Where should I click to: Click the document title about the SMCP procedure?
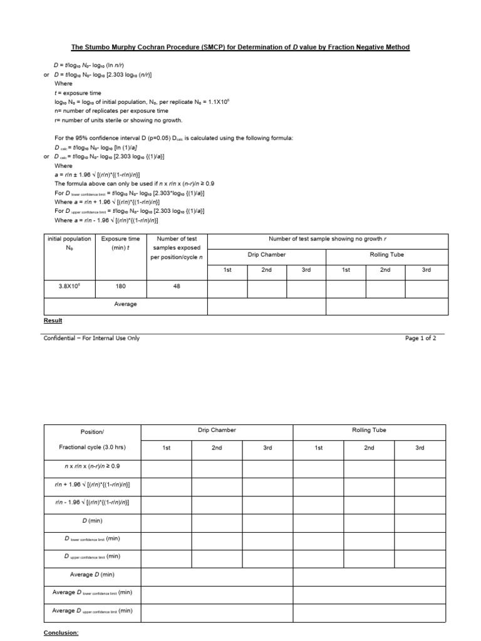tap(240, 48)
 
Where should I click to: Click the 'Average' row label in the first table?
tap(125, 304)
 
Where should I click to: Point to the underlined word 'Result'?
tap(53, 320)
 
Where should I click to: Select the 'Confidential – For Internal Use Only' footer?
tap(91, 338)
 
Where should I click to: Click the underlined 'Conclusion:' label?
tap(61, 633)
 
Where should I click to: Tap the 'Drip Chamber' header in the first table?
tap(266, 255)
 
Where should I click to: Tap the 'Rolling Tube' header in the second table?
tap(370, 430)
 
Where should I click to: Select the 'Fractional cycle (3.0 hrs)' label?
tap(93, 448)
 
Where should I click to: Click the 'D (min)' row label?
tap(93, 520)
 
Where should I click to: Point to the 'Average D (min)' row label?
tap(93, 575)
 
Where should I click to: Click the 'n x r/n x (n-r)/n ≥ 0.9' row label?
tap(93, 466)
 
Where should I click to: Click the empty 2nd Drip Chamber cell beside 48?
tap(266, 288)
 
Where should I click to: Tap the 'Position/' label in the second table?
tap(93, 432)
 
